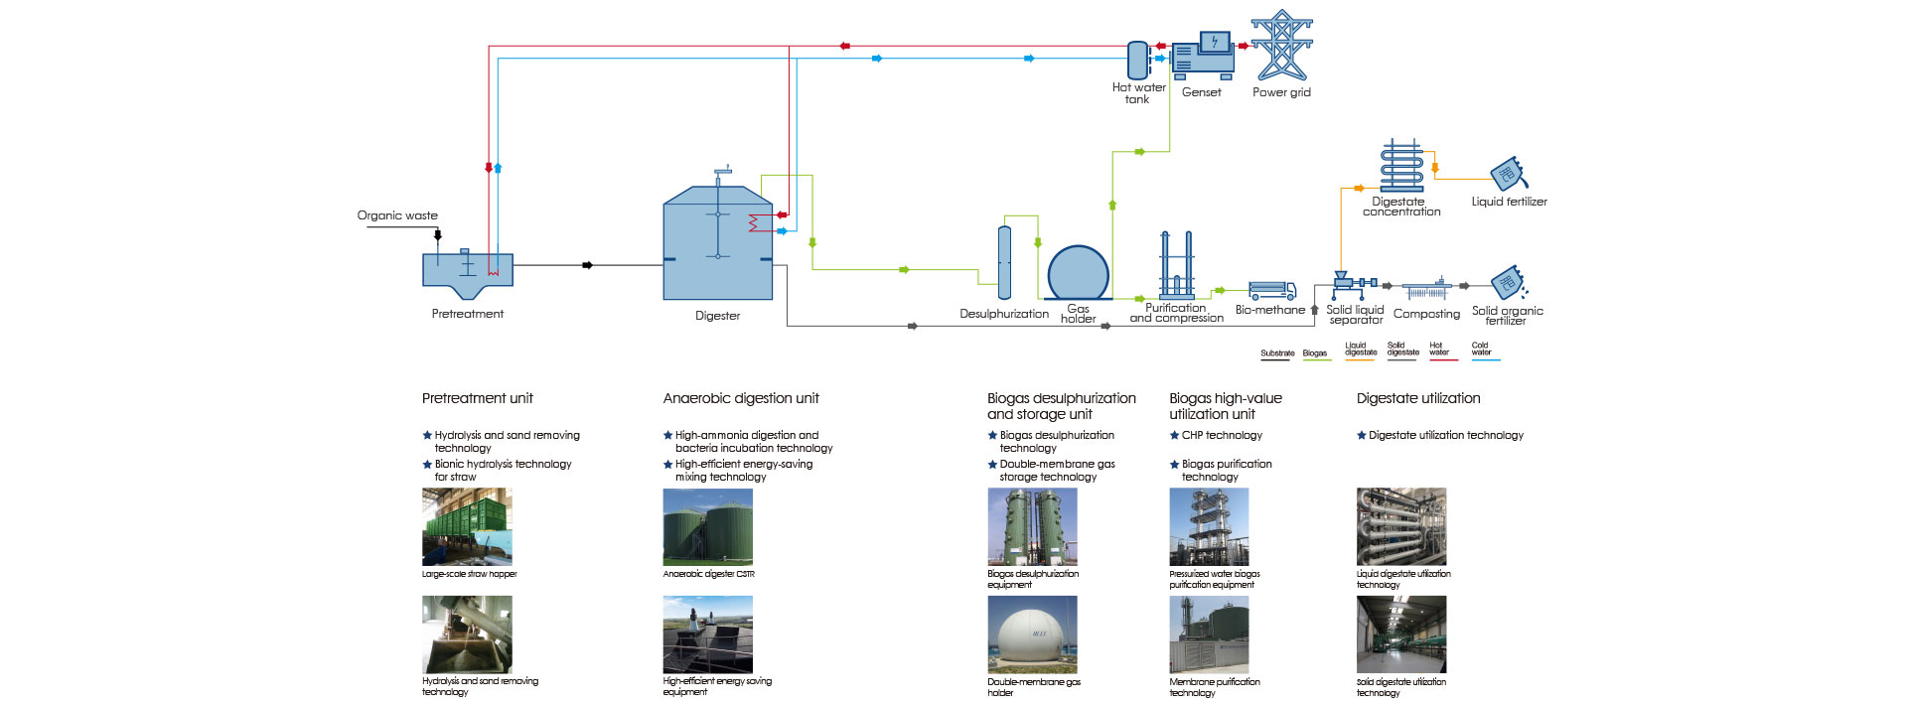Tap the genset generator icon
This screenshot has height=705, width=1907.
[x=1203, y=59]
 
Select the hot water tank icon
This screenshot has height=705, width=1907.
[x=1137, y=60]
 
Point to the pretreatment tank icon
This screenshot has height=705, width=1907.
[x=468, y=274]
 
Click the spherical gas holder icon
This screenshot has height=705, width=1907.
[x=1078, y=272]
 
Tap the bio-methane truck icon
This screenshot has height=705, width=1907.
[x=1271, y=290]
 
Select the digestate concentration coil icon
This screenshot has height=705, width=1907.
[x=1401, y=166]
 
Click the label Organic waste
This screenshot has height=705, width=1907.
[x=397, y=215]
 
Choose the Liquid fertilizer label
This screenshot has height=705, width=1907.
[x=1509, y=202]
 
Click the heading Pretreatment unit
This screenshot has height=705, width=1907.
[x=478, y=398]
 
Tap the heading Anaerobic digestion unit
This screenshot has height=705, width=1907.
[x=741, y=398]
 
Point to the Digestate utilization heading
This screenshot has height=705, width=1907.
[x=1418, y=398]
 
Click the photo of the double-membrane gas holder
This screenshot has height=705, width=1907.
[x=1032, y=634]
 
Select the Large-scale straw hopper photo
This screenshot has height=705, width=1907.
[x=467, y=526]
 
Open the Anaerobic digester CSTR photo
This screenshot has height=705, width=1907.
[x=707, y=526]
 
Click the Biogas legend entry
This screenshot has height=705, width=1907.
[x=1315, y=354]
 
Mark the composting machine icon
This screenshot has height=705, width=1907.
[x=1427, y=290]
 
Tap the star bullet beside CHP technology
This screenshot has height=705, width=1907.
[x=1174, y=435]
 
